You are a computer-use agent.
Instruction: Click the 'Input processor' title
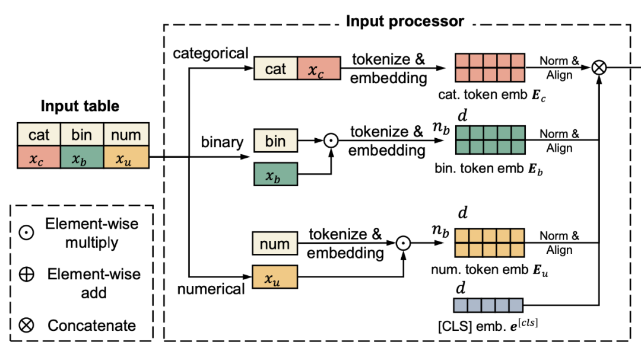click(x=405, y=21)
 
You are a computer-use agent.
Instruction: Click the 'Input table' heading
click(x=80, y=107)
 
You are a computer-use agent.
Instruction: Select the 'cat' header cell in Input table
click(x=39, y=135)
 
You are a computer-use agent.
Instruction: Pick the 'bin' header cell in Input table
click(x=82, y=135)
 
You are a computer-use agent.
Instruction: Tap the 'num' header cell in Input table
click(x=126, y=135)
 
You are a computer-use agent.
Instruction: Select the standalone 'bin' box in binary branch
click(x=275, y=141)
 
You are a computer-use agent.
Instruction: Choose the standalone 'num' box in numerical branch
click(x=275, y=244)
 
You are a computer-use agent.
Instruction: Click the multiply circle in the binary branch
click(x=331, y=141)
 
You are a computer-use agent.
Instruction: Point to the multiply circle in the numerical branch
click(x=404, y=243)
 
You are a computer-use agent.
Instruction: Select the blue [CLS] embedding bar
click(x=488, y=305)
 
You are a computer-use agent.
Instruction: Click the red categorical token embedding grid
click(x=490, y=68)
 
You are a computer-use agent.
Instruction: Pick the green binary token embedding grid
click(x=490, y=140)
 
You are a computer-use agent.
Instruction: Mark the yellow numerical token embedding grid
click(x=490, y=243)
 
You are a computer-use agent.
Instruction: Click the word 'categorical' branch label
click(x=211, y=53)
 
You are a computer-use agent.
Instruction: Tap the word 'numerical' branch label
click(x=211, y=289)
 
